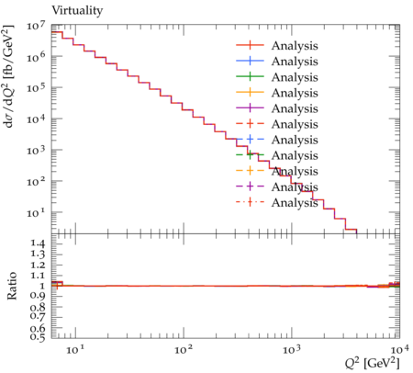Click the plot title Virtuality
click(77, 11)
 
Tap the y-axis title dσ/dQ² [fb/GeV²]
click(8, 76)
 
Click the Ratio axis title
click(12, 286)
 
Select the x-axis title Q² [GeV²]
click(373, 363)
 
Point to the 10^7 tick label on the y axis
click(36, 26)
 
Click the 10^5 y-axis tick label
click(36, 88)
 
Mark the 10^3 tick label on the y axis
click(36, 151)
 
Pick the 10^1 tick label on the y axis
click(36, 212)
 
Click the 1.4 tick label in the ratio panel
click(38, 243)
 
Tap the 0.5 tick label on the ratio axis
click(38, 337)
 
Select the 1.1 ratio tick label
click(38, 276)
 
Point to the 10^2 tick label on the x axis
click(184, 349)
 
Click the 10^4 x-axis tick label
click(399, 349)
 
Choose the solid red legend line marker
click(250, 46)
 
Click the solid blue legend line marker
click(250, 62)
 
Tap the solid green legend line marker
click(250, 77)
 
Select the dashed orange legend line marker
click(250, 171)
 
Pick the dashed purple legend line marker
click(250, 186)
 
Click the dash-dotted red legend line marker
click(250, 202)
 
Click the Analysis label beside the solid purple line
click(295, 108)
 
